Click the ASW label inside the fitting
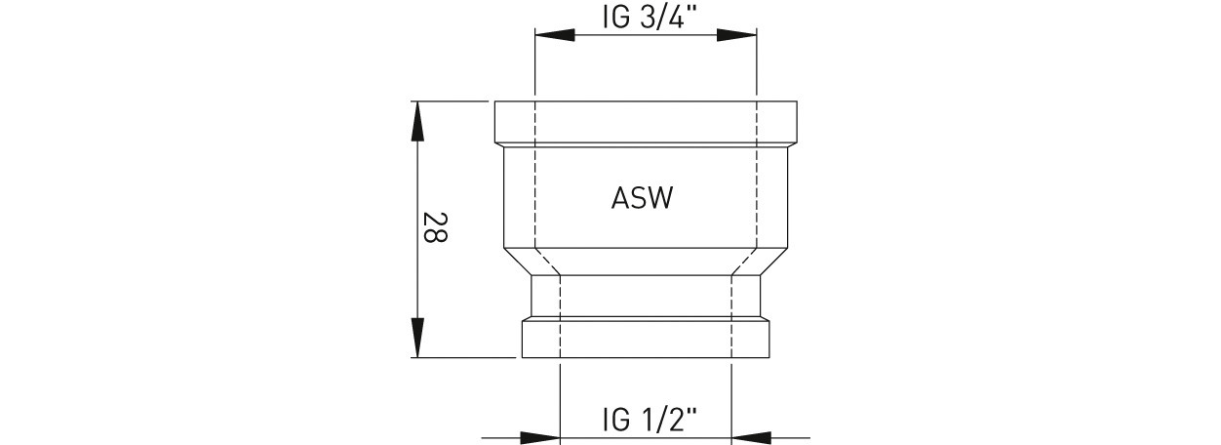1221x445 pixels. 642,198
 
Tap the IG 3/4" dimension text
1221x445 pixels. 650,17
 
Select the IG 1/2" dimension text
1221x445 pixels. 650,421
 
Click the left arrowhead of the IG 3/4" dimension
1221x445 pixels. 555,35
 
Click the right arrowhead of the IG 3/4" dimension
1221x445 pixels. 736,35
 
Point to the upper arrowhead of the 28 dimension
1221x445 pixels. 417,121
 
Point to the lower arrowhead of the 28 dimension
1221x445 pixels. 417,338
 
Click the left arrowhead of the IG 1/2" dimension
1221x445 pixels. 540,437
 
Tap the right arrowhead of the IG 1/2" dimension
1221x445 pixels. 751,437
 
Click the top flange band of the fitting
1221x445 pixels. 646,122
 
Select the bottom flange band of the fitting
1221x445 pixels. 646,340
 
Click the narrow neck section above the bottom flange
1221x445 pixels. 646,296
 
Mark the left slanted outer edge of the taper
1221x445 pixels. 517,262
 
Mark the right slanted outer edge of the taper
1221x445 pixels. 774,262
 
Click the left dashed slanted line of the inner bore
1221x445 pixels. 548,262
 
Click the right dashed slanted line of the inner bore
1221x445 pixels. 743,262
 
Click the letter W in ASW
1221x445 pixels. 660,198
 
